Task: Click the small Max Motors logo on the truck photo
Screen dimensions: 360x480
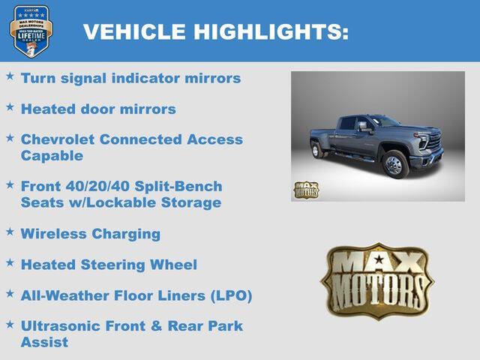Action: click(x=305, y=190)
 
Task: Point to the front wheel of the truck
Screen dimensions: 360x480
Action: click(x=394, y=165)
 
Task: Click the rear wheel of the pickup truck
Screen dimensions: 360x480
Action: click(x=316, y=150)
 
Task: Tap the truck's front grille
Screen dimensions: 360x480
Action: click(x=436, y=143)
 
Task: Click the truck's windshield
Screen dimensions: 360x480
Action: click(x=385, y=121)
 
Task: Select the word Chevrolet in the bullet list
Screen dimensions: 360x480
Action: click(x=58, y=139)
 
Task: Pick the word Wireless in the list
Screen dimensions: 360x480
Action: click(x=53, y=233)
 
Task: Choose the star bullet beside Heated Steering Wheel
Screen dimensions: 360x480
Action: click(x=10, y=263)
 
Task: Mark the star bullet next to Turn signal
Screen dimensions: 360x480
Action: click(x=10, y=76)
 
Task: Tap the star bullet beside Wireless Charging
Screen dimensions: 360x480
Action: click(x=10, y=232)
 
